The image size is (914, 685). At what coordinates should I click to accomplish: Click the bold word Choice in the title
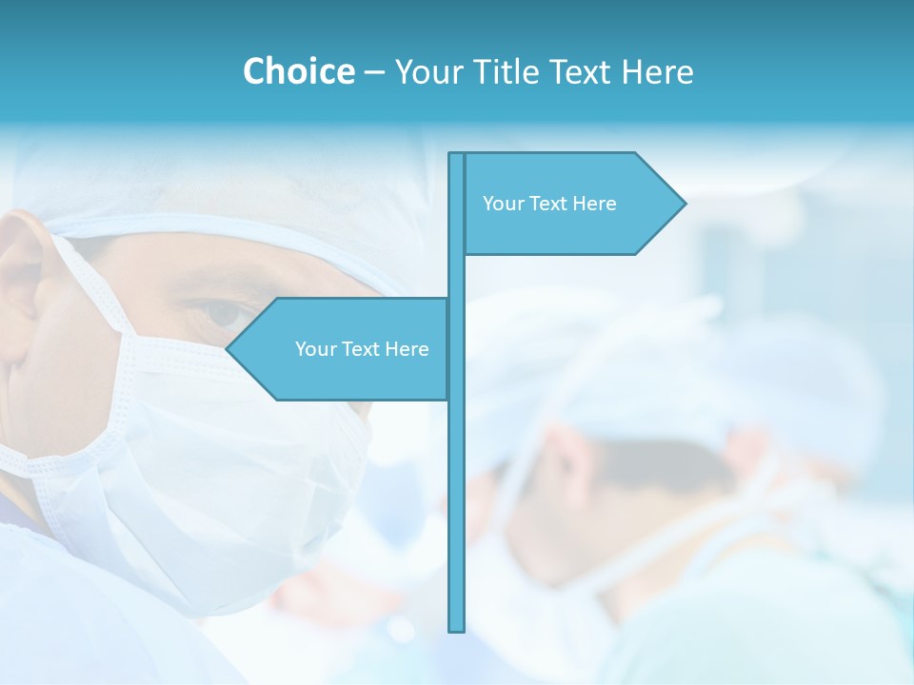pos(298,71)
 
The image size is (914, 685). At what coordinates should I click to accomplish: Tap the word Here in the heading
pos(657,71)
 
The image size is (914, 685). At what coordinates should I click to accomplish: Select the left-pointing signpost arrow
pos(343,349)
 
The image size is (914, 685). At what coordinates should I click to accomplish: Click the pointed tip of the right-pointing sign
pos(683,203)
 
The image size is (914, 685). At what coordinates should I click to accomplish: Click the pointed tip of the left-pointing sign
pos(229,349)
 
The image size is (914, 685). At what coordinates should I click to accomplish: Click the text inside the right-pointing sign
pos(549,204)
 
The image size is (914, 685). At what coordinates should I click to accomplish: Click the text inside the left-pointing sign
pos(362,349)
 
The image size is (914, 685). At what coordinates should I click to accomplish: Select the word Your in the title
pos(427,71)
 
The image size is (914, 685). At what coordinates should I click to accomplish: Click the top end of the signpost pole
pos(457,156)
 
